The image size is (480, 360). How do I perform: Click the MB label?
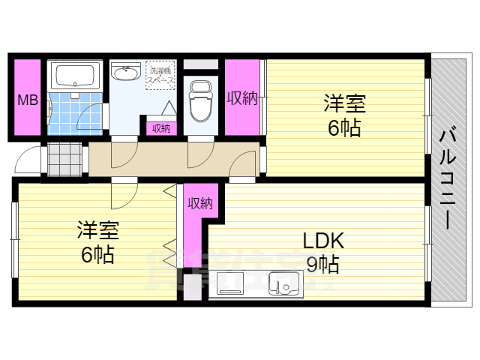click(28, 100)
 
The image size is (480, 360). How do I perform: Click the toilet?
click(200, 102)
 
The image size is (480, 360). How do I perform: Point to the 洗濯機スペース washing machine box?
click(160, 73)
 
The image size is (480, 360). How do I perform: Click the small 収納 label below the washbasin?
click(160, 128)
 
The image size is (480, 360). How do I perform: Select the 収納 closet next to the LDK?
click(200, 202)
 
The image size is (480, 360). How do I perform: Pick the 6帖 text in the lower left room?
click(97, 255)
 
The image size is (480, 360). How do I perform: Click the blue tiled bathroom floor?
click(75, 112)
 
